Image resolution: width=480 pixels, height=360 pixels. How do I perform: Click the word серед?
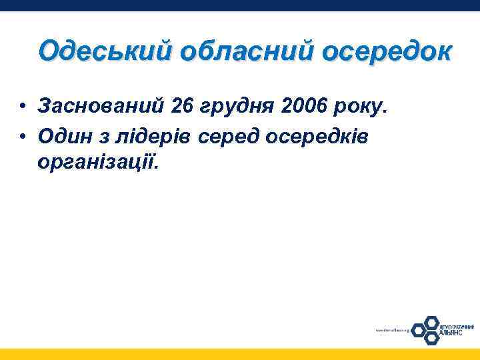click(x=233, y=135)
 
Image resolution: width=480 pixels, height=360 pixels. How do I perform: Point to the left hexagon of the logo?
click(x=418, y=329)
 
